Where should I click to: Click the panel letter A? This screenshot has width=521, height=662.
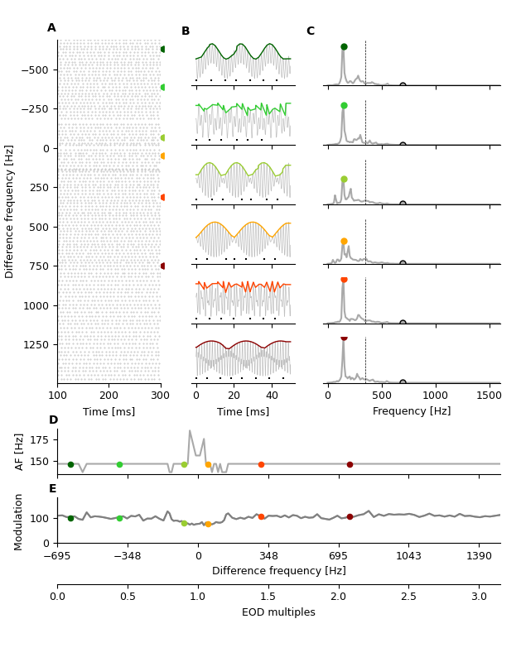point(51,28)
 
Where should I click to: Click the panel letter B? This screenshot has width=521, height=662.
point(186,31)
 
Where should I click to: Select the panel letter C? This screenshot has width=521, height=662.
point(311,31)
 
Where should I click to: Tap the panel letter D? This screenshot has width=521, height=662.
point(53,420)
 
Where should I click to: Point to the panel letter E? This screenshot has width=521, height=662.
point(52,489)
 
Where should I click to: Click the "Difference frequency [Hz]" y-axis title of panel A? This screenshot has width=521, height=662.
point(10,211)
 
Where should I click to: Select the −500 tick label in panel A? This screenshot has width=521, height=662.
point(35,70)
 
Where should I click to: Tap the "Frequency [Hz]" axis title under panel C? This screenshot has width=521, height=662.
point(412,411)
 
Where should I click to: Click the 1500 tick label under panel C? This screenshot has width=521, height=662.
point(490,396)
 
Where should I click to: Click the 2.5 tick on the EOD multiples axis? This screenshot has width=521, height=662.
point(408,597)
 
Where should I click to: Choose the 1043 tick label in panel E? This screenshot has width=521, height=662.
point(408,555)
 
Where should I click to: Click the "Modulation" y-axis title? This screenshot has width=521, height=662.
point(18,522)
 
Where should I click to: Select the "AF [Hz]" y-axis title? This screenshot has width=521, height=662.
point(20,452)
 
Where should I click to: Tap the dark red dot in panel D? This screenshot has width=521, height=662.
point(350,464)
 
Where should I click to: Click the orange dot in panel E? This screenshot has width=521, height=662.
point(208,524)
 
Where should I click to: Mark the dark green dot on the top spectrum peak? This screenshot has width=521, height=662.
point(344,47)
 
